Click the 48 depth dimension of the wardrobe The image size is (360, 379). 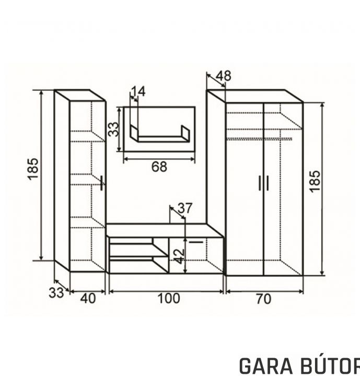click(x=223, y=76)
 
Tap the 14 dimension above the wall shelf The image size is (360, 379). click(x=138, y=91)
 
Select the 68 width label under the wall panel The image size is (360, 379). click(x=159, y=167)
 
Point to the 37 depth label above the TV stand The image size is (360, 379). click(x=185, y=208)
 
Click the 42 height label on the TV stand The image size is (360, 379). click(x=180, y=256)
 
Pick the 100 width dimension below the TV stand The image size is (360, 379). click(x=169, y=298)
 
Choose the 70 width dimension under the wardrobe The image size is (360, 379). click(x=263, y=299)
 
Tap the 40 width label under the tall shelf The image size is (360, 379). click(x=88, y=299)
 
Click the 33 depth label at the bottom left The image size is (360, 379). click(x=56, y=292)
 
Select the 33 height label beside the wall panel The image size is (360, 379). click(x=113, y=129)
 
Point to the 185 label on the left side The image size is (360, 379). click(x=33, y=169)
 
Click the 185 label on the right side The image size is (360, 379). click(x=315, y=182)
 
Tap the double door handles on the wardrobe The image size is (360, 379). click(x=263, y=183)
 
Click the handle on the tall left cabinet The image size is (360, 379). click(x=102, y=183)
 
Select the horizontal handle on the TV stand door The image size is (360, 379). click(x=196, y=242)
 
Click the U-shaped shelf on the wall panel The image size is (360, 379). click(x=160, y=134)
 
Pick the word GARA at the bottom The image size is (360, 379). click(x=266, y=366)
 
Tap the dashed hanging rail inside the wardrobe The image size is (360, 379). click(x=259, y=139)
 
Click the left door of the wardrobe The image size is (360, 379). click(x=245, y=189)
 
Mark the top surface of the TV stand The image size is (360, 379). click(x=165, y=231)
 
